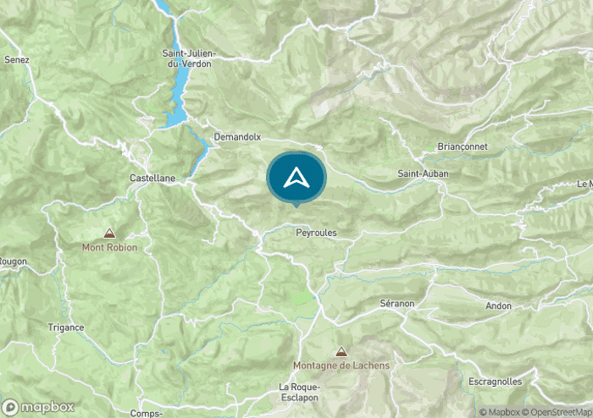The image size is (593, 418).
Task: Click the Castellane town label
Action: coord(152,178)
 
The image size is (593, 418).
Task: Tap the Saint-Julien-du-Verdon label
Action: coord(189,58)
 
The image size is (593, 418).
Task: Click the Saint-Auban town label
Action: coord(423,173)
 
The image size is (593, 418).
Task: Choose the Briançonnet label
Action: coord(463,146)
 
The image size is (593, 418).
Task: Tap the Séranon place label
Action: coord(397,302)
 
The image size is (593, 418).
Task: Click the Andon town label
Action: coord(500,305)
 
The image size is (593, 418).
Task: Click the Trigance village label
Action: coord(65,327)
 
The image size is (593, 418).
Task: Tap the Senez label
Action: coord(16,60)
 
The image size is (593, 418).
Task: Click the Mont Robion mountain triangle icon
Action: coord(108,233)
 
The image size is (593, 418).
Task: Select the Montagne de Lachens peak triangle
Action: coord(341,351)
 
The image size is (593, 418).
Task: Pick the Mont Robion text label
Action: coord(108,247)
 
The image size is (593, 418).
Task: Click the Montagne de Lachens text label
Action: coord(341,366)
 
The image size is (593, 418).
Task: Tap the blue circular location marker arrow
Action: coord(296,178)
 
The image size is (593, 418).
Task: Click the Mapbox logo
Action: coord(38,407)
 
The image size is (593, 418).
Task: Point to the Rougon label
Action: coord(12,261)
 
